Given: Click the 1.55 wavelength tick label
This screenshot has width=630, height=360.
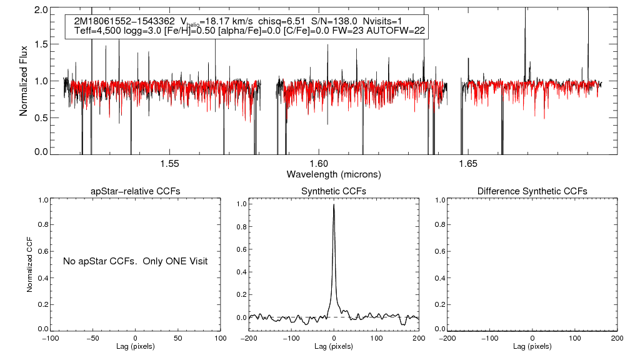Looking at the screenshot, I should [169, 164].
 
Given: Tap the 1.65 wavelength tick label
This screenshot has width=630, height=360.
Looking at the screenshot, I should [467, 164].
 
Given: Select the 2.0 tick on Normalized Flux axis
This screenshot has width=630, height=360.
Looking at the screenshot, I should [41, 11].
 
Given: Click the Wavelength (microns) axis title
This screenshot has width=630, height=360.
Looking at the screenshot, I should [333, 174].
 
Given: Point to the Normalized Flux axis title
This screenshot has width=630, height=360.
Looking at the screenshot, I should [24, 81].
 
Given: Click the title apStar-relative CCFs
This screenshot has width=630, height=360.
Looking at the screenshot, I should [136, 191].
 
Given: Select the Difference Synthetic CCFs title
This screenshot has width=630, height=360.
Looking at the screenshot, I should [532, 191].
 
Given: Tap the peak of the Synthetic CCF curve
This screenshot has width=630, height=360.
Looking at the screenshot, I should [334, 204].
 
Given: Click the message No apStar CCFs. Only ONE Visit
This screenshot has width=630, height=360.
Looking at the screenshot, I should [135, 261].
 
